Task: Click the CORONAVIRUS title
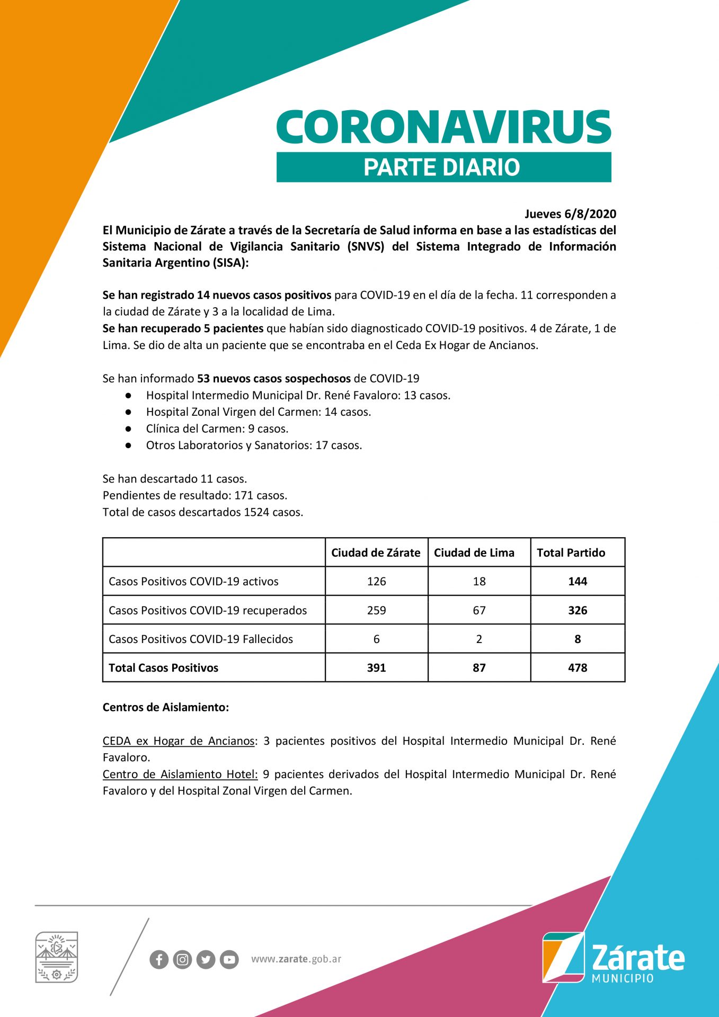pyautogui.click(x=443, y=127)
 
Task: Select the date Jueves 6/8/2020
pyautogui.click(x=570, y=214)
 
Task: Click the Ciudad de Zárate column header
pyautogui.click(x=376, y=552)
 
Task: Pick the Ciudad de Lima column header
pyautogui.click(x=474, y=552)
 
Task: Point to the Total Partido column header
pyautogui.click(x=571, y=552)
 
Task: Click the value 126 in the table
pyautogui.click(x=376, y=582)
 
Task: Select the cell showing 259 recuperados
pyautogui.click(x=376, y=610)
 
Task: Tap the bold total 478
pyautogui.click(x=578, y=668)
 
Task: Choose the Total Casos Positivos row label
pyautogui.click(x=163, y=668)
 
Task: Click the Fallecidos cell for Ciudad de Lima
pyautogui.click(x=479, y=639)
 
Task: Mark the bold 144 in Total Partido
pyautogui.click(x=578, y=582)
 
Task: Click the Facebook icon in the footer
pyautogui.click(x=159, y=960)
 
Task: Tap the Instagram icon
pyautogui.click(x=182, y=960)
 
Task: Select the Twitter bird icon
pyautogui.click(x=206, y=960)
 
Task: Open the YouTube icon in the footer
pyautogui.click(x=229, y=960)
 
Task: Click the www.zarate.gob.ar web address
pyautogui.click(x=296, y=959)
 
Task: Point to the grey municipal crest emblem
pyautogui.click(x=56, y=958)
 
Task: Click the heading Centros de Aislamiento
pyautogui.click(x=166, y=708)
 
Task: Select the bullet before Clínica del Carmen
pyautogui.click(x=128, y=429)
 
